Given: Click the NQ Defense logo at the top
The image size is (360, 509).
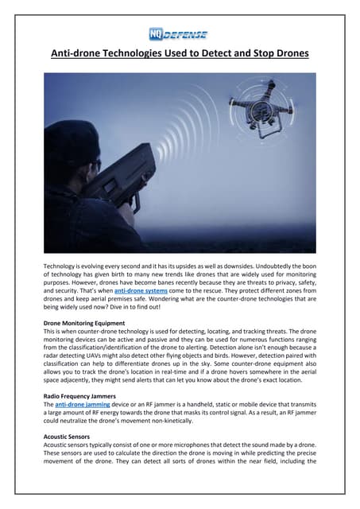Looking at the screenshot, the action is (178, 34).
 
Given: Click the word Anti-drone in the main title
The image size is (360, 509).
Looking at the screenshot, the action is (75, 55).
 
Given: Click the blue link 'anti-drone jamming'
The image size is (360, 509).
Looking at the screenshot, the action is (87, 405).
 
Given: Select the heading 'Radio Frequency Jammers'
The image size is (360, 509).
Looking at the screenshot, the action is (82, 395).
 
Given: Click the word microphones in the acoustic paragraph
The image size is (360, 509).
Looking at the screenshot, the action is (188, 447).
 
